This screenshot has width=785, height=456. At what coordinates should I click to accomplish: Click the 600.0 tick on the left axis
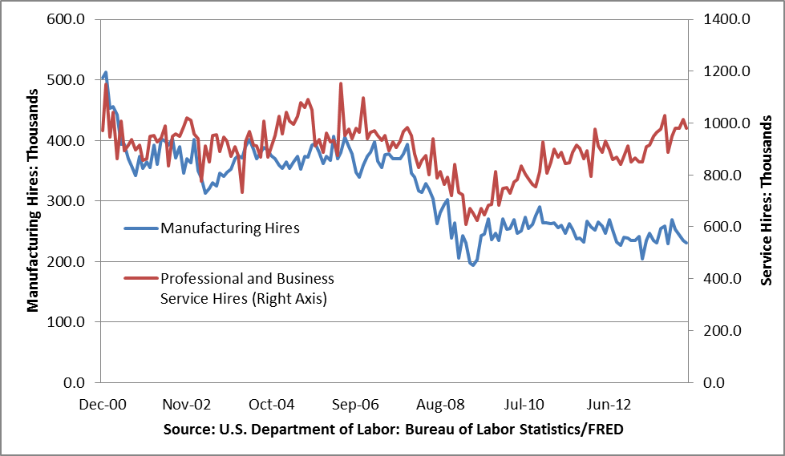(x=68, y=19)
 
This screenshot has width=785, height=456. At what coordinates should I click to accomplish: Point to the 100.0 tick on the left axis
(x=68, y=322)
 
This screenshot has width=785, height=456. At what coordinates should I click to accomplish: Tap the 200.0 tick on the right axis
(x=725, y=331)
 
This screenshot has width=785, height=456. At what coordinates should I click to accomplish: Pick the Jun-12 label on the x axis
(x=607, y=405)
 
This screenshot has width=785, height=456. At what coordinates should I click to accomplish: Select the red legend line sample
(x=141, y=279)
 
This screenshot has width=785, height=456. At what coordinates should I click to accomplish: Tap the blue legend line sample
(x=141, y=228)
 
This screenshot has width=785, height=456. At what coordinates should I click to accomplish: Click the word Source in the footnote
(x=185, y=430)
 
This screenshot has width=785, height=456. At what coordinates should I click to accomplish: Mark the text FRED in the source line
(x=605, y=430)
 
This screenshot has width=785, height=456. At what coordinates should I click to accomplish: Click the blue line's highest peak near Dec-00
(x=106, y=73)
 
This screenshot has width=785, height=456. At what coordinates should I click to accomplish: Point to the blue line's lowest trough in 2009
(x=473, y=264)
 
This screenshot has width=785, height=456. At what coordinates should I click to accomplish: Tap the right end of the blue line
(x=686, y=243)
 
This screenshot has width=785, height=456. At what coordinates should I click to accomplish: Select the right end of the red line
(x=686, y=128)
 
